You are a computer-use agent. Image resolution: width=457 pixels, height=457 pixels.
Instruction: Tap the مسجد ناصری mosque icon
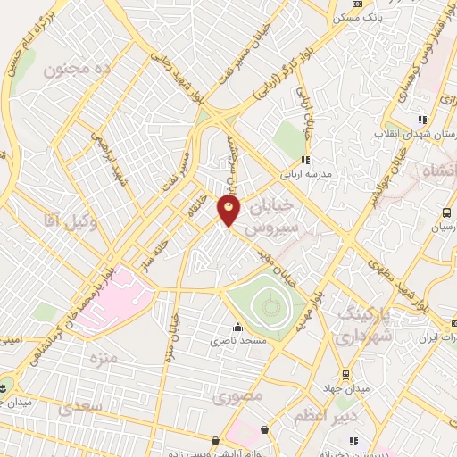[x=237, y=327]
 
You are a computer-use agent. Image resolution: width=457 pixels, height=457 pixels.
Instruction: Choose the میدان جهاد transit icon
[x=345, y=375]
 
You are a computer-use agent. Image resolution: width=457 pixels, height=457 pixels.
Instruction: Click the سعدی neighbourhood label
[x=82, y=406]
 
